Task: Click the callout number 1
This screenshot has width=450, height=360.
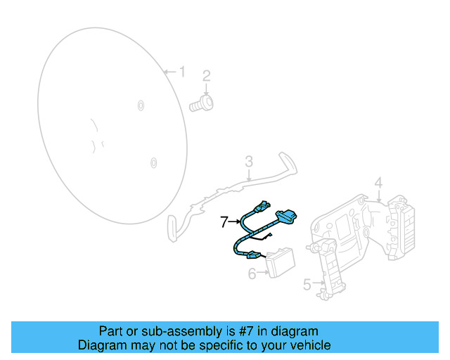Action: pos(182,72)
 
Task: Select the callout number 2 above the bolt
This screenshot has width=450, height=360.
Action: pos(206,76)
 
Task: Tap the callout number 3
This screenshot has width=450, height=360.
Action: pos(249,161)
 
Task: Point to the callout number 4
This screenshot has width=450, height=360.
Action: pos(378,183)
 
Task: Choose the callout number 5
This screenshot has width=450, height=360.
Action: pos(307,284)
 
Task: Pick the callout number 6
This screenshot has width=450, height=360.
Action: pos(252,274)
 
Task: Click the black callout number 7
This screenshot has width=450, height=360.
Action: pos(224,221)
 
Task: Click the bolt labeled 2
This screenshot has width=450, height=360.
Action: pos(201,104)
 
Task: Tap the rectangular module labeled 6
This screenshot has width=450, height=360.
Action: pos(281,262)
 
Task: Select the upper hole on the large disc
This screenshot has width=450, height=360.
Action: pos(141,105)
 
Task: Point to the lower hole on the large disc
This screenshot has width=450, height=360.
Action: pos(154,163)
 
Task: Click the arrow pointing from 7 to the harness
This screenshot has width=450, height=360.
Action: pos(234,221)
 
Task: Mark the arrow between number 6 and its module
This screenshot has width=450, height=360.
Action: pos(262,272)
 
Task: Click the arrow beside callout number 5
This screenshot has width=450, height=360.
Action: pos(319,283)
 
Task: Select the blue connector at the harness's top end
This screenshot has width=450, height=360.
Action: pos(262,207)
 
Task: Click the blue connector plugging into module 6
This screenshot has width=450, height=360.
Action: pos(253,255)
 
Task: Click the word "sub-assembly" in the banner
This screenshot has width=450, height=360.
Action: pos(181,331)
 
